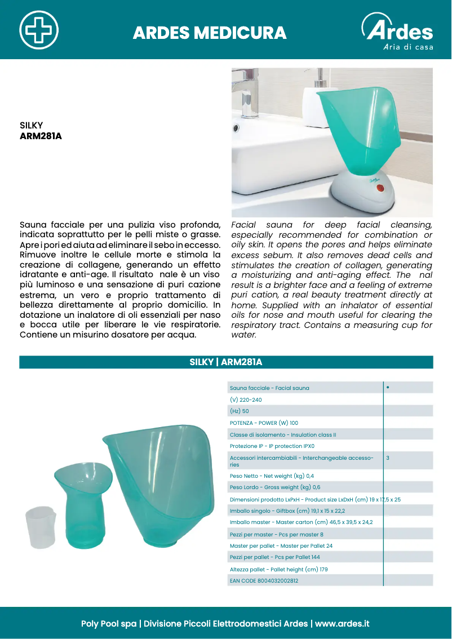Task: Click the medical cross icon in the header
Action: (x=38, y=29)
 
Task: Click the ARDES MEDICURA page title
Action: (x=210, y=33)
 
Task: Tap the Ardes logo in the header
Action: (x=398, y=33)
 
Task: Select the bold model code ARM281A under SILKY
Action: (x=41, y=136)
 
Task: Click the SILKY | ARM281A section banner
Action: (x=226, y=362)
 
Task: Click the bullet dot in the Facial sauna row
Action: (x=388, y=388)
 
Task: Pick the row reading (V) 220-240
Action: (x=246, y=400)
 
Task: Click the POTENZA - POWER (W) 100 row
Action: (x=264, y=423)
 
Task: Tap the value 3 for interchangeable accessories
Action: (x=388, y=458)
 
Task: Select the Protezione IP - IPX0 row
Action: (x=272, y=446)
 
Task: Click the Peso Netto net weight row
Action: (x=272, y=476)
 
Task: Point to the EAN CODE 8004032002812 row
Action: (x=264, y=580)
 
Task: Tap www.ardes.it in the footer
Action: (x=342, y=624)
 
